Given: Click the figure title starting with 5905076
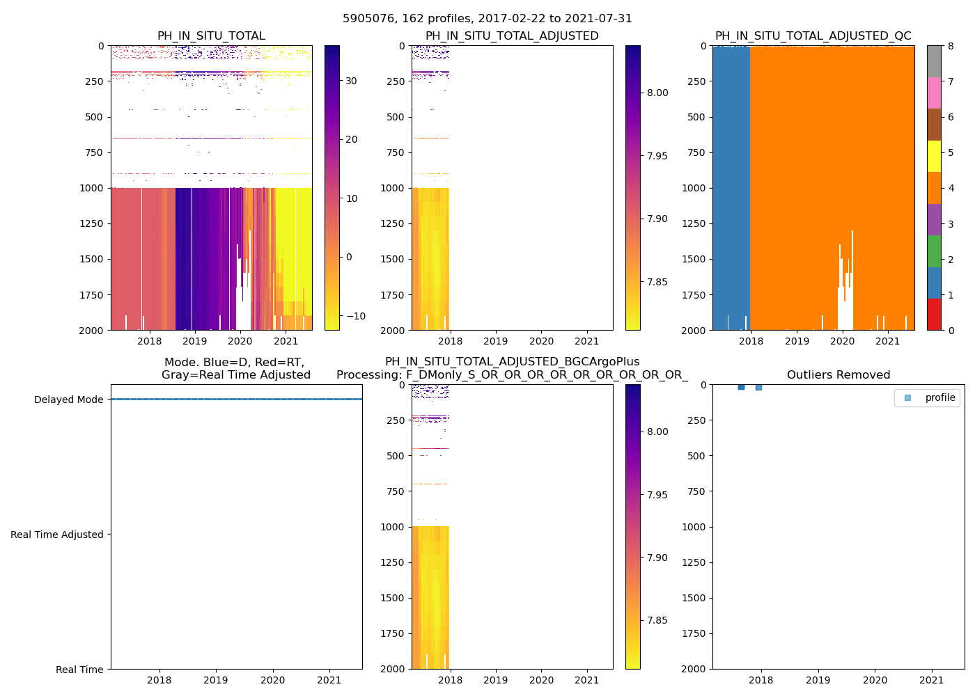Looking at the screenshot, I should (487, 19).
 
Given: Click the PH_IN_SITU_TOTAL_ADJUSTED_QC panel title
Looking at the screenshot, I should (813, 36).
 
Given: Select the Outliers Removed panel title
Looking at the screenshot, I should (838, 375).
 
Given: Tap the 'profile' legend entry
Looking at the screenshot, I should (939, 397).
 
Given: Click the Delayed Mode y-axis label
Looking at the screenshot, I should (68, 400).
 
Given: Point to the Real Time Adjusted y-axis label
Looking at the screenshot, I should (56, 535).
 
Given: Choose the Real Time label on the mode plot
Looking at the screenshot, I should (79, 670).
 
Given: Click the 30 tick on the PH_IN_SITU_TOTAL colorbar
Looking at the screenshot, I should (351, 81).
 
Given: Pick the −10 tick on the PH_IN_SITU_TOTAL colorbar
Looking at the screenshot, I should (354, 316).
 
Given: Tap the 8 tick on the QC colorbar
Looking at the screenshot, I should (950, 46).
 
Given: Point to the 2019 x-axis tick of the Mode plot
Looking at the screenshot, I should (216, 680).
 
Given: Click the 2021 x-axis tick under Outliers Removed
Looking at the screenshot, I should (932, 680).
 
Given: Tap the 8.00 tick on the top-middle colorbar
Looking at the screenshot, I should (657, 93).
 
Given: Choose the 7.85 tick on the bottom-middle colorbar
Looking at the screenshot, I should (657, 620).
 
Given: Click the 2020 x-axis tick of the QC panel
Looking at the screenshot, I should (842, 341).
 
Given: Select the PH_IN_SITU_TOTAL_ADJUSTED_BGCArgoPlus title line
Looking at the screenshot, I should (512, 362).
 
